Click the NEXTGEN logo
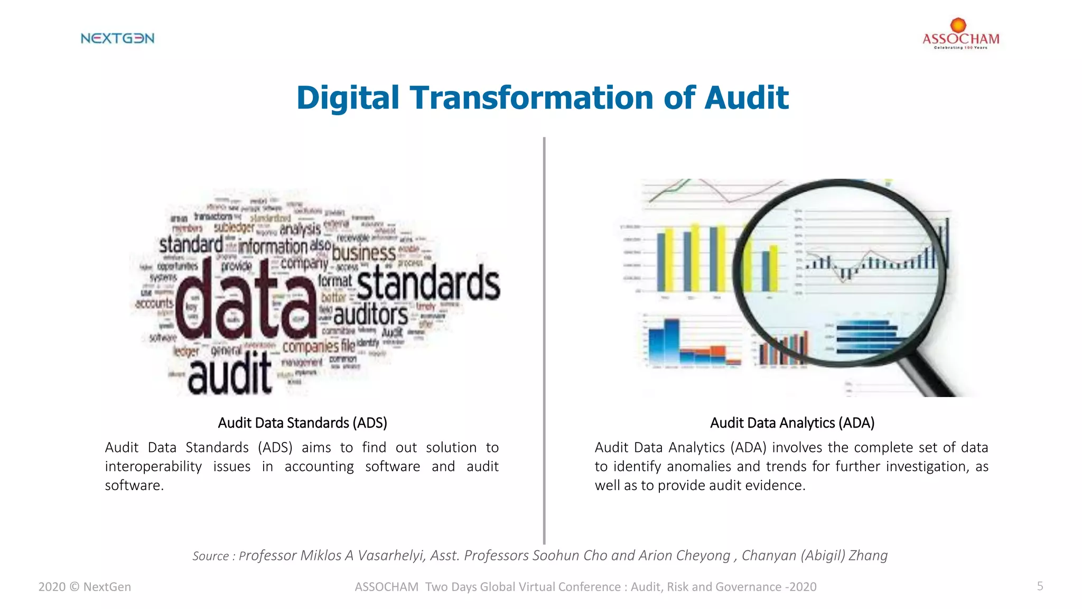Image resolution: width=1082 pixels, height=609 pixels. [x=117, y=38]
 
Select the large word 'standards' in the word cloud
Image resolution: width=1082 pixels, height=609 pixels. [x=428, y=283]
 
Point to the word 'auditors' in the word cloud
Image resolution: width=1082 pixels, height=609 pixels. [x=370, y=316]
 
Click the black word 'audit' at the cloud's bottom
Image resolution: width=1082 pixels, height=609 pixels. [x=230, y=375]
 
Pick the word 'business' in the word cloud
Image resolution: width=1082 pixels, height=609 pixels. [x=364, y=253]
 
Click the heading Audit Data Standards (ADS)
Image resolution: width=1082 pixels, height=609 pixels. [x=302, y=423]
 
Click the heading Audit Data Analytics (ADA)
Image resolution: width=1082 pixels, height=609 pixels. [x=792, y=423]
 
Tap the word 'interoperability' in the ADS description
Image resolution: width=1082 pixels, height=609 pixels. [x=153, y=467]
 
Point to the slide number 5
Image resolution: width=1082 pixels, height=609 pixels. [x=1040, y=586]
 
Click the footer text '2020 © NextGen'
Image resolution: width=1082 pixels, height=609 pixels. [x=85, y=587]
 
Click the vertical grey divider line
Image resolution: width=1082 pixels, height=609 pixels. [x=544, y=338]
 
